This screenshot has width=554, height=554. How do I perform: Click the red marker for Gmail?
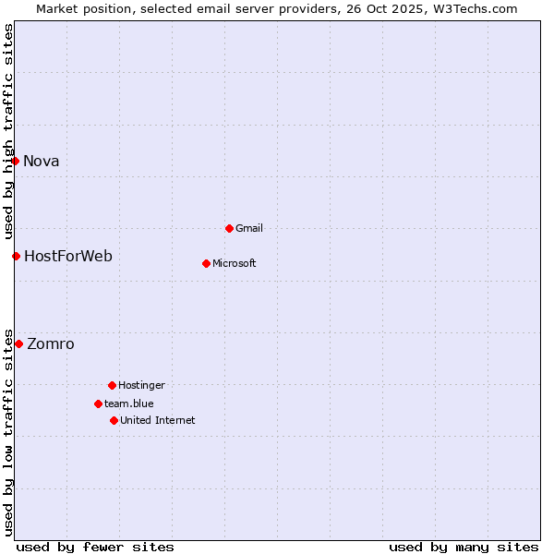tap(229, 228)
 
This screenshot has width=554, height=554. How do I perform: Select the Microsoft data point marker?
tap(206, 263)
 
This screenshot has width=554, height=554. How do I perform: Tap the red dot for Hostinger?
tap(112, 385)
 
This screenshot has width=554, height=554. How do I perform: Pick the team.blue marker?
tap(98, 403)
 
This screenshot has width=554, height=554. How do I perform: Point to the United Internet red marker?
tap(114, 420)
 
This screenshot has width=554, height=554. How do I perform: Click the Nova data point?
tap(15, 161)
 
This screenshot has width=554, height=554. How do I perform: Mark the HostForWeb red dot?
tap(16, 256)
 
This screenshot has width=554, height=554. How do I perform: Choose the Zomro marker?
tap(18, 343)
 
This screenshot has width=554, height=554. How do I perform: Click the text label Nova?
tap(42, 161)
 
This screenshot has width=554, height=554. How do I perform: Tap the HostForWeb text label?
tap(68, 256)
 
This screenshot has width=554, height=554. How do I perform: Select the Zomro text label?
tap(51, 343)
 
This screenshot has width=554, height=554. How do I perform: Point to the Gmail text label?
tap(249, 228)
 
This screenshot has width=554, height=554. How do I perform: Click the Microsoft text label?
tap(235, 263)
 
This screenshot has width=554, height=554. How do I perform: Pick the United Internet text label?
tap(158, 420)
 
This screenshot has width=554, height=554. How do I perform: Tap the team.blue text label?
tap(129, 403)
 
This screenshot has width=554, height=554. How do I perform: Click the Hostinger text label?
tap(142, 385)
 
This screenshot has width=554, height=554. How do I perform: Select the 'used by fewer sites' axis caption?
tap(95, 547)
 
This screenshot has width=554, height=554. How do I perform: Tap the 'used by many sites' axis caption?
tap(464, 547)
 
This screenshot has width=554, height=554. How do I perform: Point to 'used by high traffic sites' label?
tap(8, 129)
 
